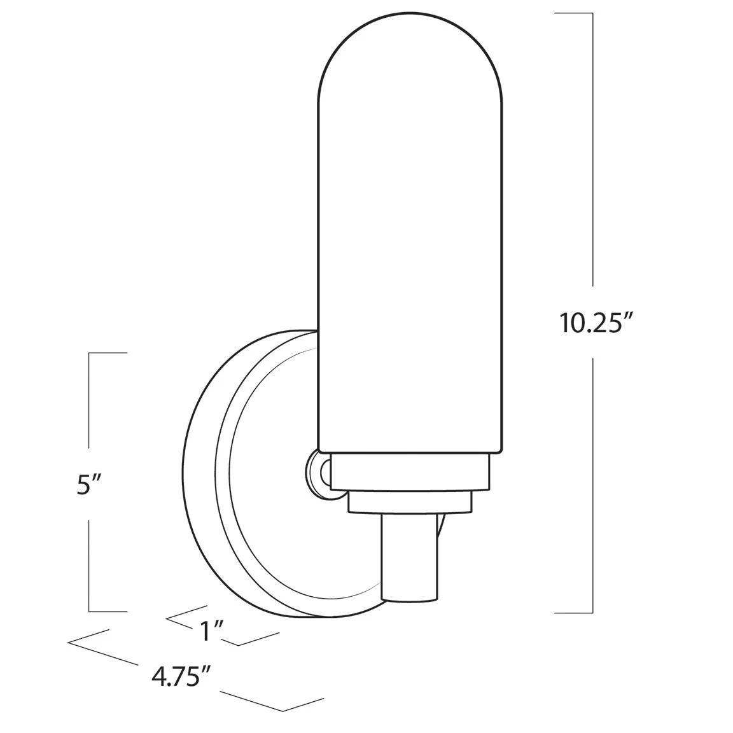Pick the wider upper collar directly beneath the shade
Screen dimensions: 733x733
[410, 471]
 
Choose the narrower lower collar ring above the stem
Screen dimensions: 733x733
[410, 503]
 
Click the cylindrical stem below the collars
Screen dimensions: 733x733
[408, 557]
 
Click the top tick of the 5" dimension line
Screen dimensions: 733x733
[108, 353]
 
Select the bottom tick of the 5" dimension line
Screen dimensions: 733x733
[108, 611]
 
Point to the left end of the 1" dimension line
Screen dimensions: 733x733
[167, 617]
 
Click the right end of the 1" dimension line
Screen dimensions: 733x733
[279, 633]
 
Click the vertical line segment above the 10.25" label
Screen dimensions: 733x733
[593, 146]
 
